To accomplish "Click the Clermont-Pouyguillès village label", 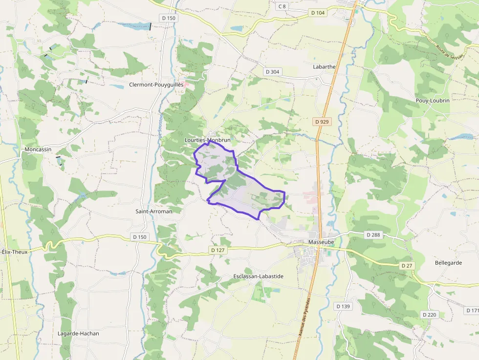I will click(156, 85).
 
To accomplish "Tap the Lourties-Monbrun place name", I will click(207, 140).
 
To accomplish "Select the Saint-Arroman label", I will click(153, 212).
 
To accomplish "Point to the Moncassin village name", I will click(38, 149).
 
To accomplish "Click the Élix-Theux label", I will click(14, 252).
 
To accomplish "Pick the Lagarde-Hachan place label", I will click(78, 334).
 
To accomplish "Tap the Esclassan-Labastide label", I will click(258, 276).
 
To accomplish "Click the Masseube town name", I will click(321, 242).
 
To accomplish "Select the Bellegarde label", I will click(448, 262).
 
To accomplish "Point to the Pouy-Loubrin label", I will click(432, 100).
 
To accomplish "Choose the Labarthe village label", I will click(324, 67).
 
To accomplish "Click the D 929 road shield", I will click(322, 122).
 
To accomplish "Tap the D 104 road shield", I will click(317, 13).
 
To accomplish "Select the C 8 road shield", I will click(282, 6).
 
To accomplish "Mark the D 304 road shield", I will click(273, 72).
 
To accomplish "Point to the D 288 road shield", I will click(373, 235).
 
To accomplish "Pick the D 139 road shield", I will click(343, 306).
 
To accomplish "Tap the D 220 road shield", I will click(429, 315).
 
